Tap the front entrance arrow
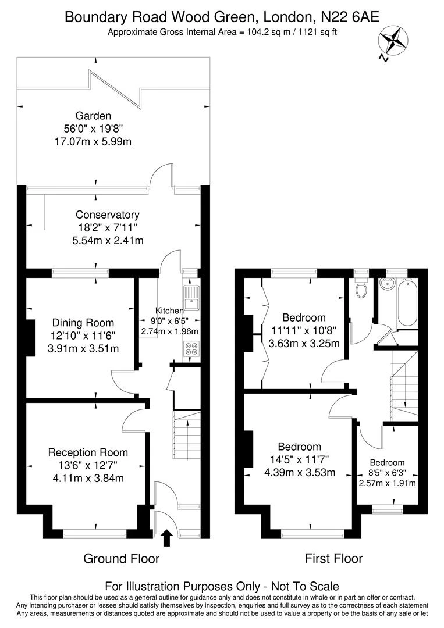click(x=166, y=538)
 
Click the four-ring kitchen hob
click(x=190, y=349)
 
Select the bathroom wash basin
click(x=386, y=285)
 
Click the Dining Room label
click(x=83, y=323)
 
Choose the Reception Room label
click(x=88, y=452)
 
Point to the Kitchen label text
click(x=169, y=311)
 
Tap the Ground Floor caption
click(x=122, y=559)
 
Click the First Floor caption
click(x=333, y=559)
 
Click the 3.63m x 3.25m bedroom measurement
click(x=304, y=343)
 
